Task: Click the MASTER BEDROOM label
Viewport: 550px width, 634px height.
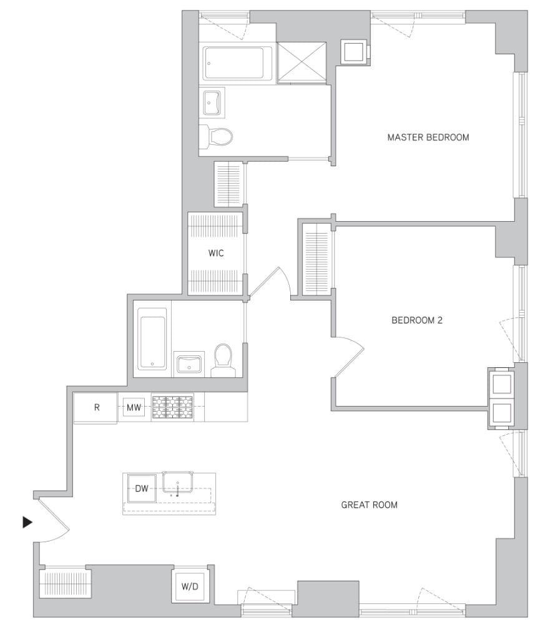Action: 428,137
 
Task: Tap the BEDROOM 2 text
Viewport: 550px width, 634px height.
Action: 416,320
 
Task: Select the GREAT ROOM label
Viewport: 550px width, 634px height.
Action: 369,505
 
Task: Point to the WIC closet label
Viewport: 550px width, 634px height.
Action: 216,254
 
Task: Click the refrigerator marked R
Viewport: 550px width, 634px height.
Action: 96,408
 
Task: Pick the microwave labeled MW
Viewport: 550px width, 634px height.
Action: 134,408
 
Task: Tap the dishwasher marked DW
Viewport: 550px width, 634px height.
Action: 142,488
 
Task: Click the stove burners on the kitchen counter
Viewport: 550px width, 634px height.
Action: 172,407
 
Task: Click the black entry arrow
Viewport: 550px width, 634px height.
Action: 27,522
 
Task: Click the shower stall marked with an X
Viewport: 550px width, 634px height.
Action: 302,62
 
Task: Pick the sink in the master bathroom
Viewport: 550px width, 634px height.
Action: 212,102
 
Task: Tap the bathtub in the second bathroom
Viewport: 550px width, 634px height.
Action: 152,341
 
